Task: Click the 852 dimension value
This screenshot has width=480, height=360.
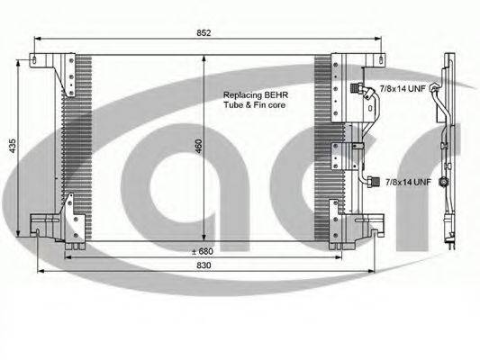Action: click(x=204, y=32)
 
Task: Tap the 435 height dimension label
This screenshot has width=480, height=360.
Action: click(x=13, y=146)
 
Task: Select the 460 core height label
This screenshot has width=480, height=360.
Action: click(x=199, y=146)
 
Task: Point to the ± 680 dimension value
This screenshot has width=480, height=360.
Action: click(x=203, y=251)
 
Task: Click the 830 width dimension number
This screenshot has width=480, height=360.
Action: click(x=204, y=265)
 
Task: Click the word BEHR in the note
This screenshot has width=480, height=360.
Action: click(x=276, y=95)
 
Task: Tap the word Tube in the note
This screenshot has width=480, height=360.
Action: click(x=233, y=105)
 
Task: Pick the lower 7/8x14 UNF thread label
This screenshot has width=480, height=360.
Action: click(x=408, y=182)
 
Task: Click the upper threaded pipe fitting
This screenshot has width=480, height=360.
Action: click(x=357, y=88)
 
